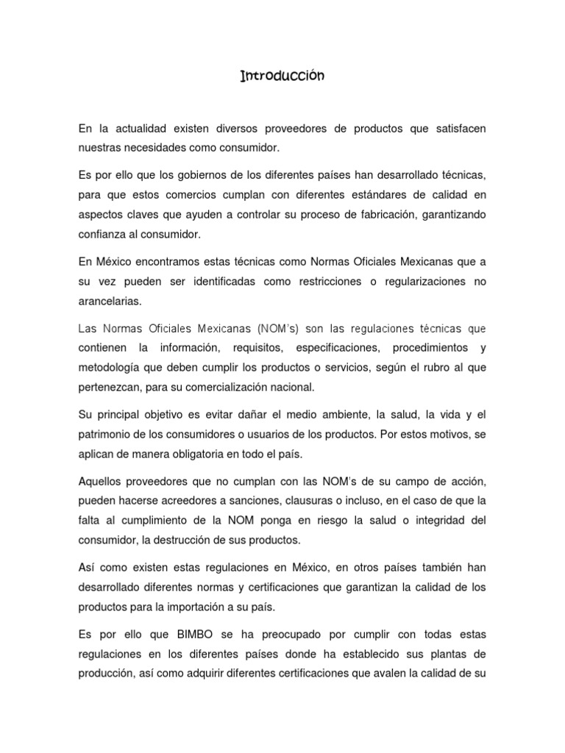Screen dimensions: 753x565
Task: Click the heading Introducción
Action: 282,76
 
